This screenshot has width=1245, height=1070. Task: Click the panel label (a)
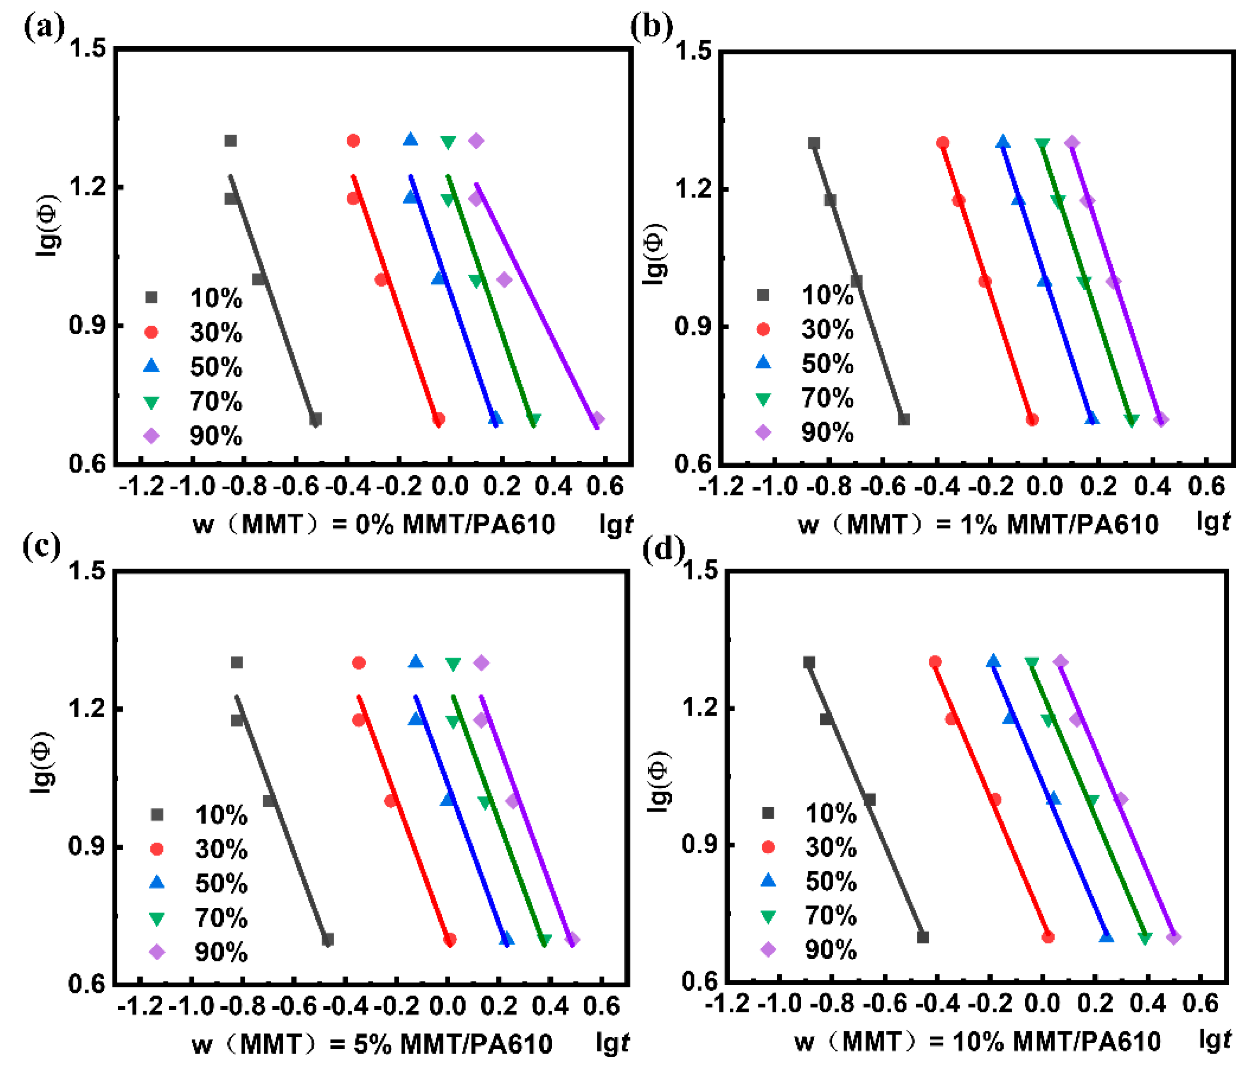(x=43, y=27)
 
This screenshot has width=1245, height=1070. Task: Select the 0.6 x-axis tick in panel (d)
(x=1200, y=1003)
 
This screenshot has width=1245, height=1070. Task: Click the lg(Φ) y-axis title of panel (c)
(x=43, y=762)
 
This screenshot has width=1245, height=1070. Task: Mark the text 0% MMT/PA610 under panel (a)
(x=455, y=524)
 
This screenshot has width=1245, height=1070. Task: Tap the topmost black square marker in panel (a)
(x=230, y=141)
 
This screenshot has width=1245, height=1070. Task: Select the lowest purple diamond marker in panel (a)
(x=597, y=419)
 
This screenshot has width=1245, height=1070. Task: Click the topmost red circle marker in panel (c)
(x=359, y=662)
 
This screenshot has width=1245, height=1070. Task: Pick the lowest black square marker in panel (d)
(x=923, y=937)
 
